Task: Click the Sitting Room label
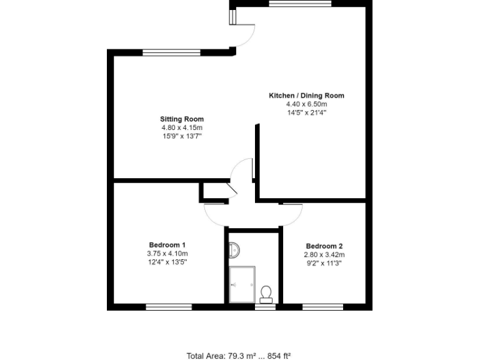pyautogui.click(x=181, y=119)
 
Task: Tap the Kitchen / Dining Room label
pyautogui.click(x=306, y=96)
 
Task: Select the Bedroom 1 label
pyautogui.click(x=167, y=244)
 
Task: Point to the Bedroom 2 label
pyautogui.click(x=324, y=246)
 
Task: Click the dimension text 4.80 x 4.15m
pyautogui.click(x=181, y=127)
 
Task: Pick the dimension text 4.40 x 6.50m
pyautogui.click(x=306, y=104)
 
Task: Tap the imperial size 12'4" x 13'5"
pyautogui.click(x=167, y=262)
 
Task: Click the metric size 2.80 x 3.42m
pyautogui.click(x=324, y=255)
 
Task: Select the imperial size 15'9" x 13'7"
pyautogui.click(x=181, y=136)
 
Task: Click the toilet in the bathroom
pyautogui.click(x=266, y=292)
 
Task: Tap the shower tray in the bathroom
pyautogui.click(x=241, y=284)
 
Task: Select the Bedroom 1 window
pyautogui.click(x=169, y=306)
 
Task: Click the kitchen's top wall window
pyautogui.click(x=299, y=3)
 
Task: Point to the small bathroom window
pyautogui.click(x=265, y=306)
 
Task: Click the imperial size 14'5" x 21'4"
pyautogui.click(x=306, y=113)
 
